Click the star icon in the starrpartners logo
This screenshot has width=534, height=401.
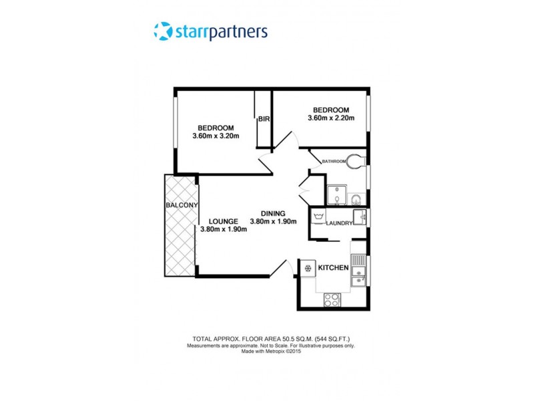click(163, 31)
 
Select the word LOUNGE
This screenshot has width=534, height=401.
click(223, 221)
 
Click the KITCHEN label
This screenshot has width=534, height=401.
click(333, 268)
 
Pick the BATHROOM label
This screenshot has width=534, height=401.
click(334, 161)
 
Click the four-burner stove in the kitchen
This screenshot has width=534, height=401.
click(332, 300)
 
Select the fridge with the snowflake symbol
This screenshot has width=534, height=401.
click(308, 268)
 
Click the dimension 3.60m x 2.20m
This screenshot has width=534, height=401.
click(330, 119)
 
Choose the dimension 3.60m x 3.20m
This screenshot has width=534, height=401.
click(215, 137)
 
